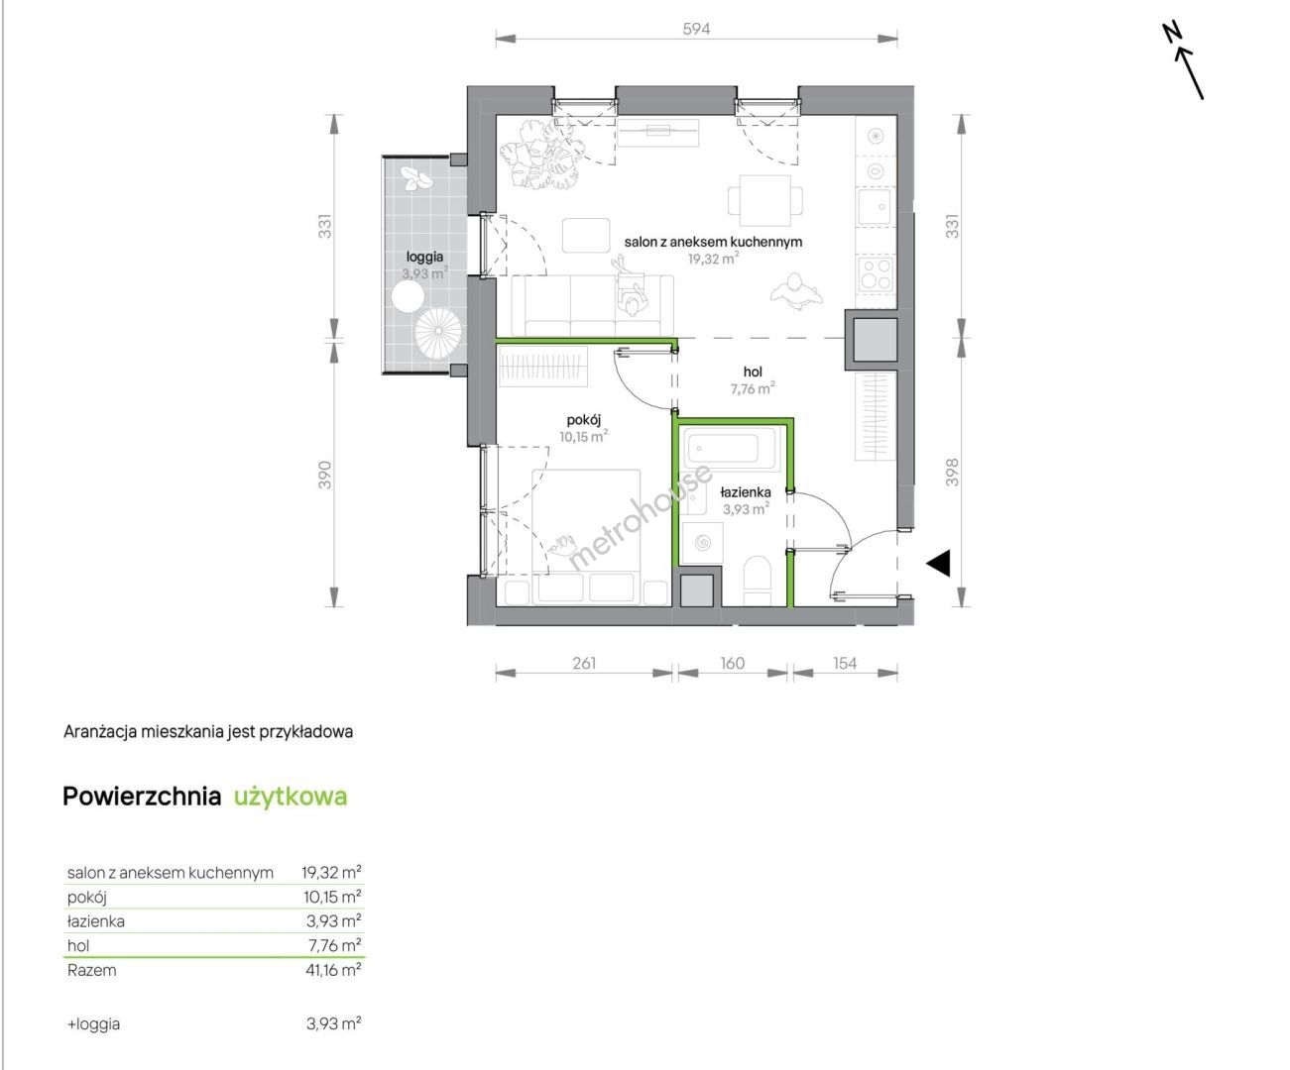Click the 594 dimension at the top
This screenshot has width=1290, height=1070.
[x=696, y=29]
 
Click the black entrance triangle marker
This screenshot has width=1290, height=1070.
[x=938, y=563]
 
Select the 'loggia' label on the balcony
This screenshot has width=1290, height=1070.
[x=424, y=257]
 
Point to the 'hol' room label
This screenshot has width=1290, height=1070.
[x=753, y=372]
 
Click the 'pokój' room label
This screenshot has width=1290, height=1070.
[x=584, y=420]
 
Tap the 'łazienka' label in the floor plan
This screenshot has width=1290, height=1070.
[x=746, y=492]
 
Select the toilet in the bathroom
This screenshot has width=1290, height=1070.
[x=757, y=581]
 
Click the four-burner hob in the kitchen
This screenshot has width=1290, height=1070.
[x=877, y=272]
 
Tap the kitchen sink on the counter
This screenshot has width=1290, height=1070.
[x=875, y=207]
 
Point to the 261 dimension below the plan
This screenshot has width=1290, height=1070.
[x=584, y=664]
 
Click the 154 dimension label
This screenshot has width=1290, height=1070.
[x=845, y=664]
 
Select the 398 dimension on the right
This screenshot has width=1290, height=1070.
[x=952, y=473]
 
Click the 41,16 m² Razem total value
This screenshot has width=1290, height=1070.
[x=333, y=971]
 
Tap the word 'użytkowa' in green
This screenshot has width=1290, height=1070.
[x=291, y=798]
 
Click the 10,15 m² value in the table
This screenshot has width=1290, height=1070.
[x=332, y=898]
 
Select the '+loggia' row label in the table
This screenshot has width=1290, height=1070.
[x=94, y=1024]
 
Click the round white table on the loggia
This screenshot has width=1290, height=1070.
[x=408, y=297]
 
